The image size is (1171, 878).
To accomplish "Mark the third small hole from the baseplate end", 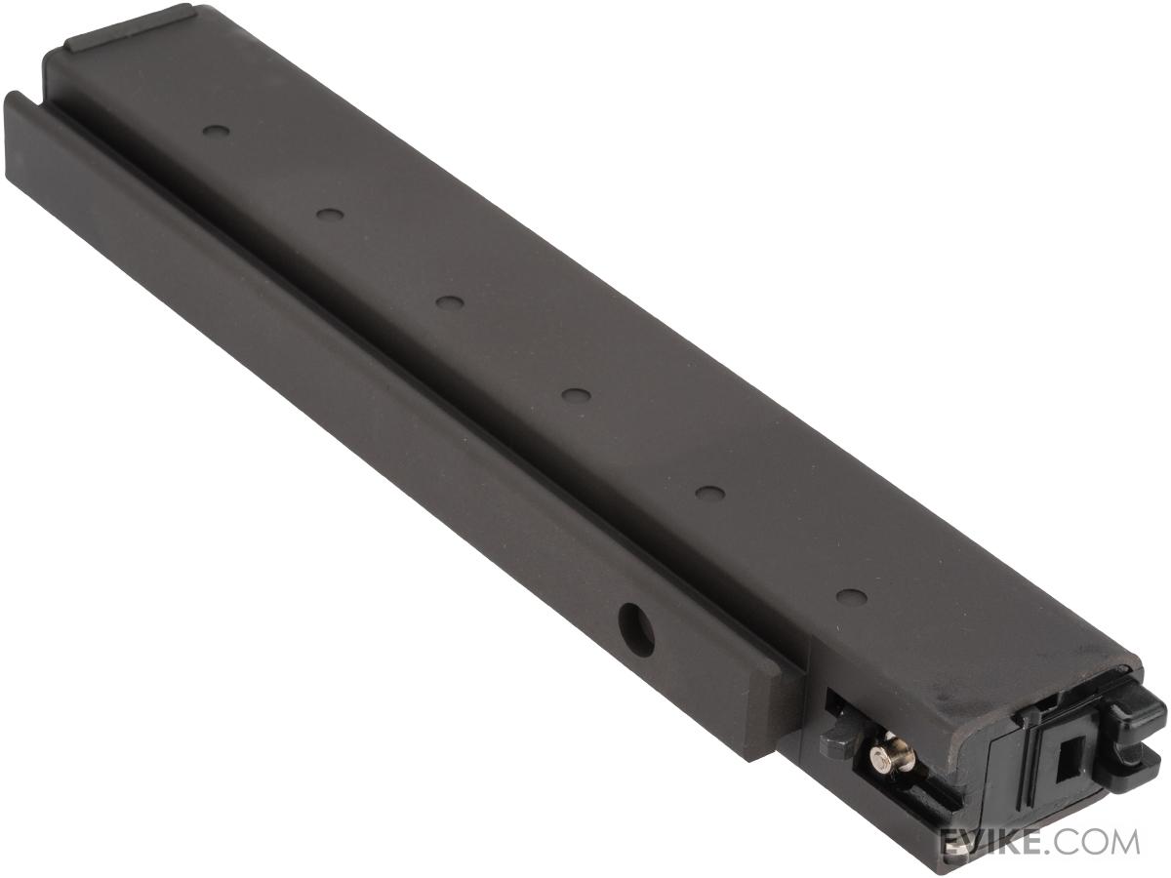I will click(x=448, y=302).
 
